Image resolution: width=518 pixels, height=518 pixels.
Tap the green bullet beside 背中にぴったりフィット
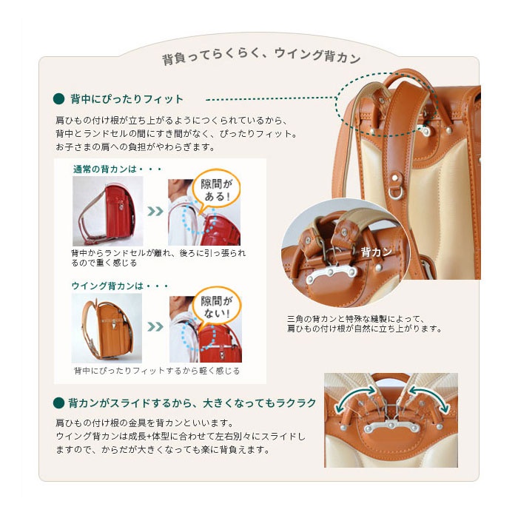(58, 98)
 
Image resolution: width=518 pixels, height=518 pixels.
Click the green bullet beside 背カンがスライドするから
(58, 403)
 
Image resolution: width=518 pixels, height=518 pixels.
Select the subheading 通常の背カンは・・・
(118, 169)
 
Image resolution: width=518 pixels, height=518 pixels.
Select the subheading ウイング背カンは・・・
(120, 286)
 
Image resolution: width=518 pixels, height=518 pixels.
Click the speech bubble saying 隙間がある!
(216, 191)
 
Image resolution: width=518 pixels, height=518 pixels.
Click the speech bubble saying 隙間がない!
(217, 307)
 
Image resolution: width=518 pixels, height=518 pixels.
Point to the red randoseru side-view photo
(108, 211)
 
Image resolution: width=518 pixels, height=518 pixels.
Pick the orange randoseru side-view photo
(107, 328)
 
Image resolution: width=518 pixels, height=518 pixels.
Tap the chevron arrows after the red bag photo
(155, 211)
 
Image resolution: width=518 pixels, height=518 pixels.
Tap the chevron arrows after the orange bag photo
(155, 327)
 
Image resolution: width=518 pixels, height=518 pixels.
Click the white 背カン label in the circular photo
(376, 252)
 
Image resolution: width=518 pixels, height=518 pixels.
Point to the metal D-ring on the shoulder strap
(395, 194)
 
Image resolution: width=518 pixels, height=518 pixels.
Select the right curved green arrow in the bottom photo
(429, 399)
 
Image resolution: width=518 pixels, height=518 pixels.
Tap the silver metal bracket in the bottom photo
(391, 427)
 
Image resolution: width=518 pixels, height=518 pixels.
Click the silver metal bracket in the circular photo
(332, 275)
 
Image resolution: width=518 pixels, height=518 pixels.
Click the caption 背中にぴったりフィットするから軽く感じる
(157, 371)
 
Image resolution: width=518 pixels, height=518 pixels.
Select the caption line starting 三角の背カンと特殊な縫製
(355, 319)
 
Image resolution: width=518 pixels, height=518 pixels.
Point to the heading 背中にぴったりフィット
(127, 98)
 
